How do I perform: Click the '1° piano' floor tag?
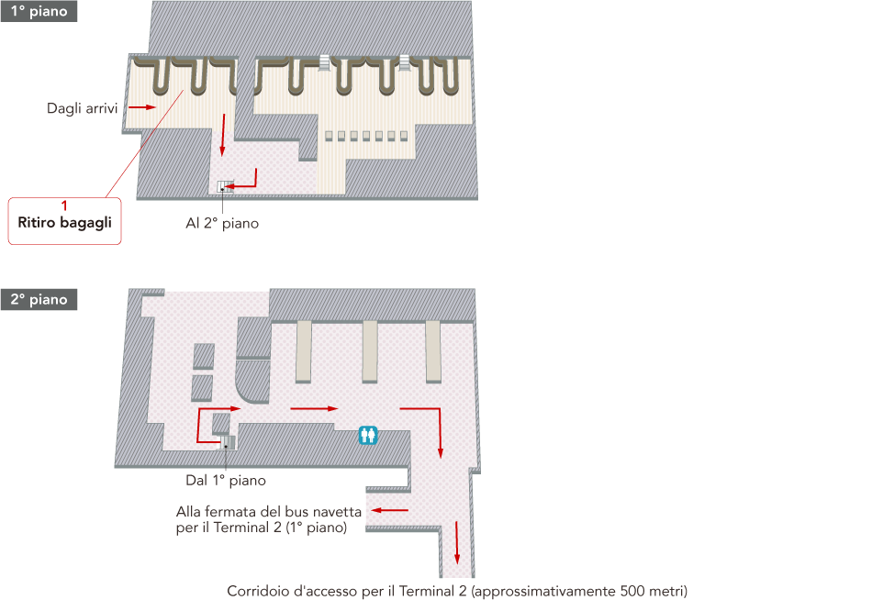coord(39,11)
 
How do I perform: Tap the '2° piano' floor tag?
coord(39,300)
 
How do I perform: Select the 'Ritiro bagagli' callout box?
coord(64,221)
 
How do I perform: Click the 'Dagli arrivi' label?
coord(82,108)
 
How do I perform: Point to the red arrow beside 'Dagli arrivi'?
coord(141,106)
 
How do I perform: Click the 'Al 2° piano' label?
coord(222,224)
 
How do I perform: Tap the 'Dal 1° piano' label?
coord(226,481)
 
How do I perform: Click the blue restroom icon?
coord(368,436)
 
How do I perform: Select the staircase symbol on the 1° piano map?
coord(225,186)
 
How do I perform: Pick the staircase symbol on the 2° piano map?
coord(228,442)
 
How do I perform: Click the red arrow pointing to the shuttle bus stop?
coord(389,510)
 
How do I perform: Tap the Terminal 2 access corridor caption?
coord(457,591)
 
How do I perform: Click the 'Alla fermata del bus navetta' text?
coord(269,512)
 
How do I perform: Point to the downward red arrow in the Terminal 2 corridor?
coord(457,543)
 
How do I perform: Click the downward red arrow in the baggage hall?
coord(222,135)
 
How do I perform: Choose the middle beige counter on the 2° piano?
coord(370,351)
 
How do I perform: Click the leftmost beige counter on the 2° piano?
coord(304,351)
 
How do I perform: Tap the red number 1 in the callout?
coord(64,206)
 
